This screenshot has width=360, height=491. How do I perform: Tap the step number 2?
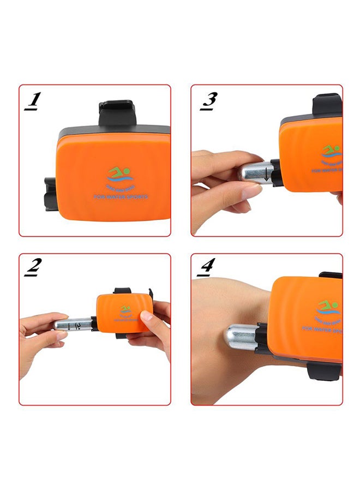coord(34,267)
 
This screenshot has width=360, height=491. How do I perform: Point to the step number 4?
coord(207,267)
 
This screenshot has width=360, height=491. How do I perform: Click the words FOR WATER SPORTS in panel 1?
coord(121,195)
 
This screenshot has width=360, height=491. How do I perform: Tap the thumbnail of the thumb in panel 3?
coord(251,191)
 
